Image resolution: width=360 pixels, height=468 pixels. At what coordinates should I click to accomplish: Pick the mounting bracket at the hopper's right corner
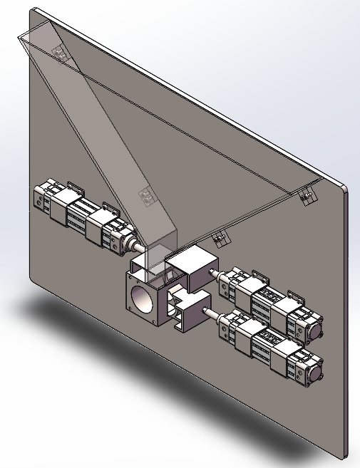pyautogui.click(x=307, y=195)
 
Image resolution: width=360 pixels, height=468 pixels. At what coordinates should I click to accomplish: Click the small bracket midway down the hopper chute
pyautogui.click(x=147, y=194)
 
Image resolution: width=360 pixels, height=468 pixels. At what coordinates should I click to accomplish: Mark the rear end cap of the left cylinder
pyautogui.click(x=41, y=196)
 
